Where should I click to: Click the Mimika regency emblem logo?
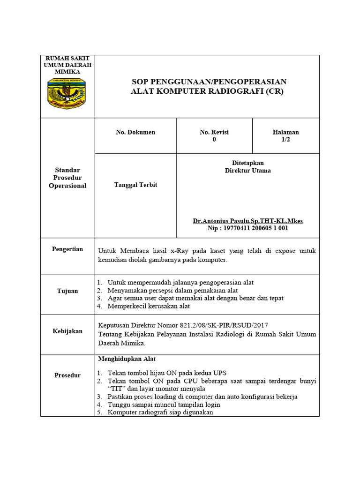[67, 94]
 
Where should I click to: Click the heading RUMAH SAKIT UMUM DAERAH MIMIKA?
[67, 65]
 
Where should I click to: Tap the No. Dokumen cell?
[135, 132]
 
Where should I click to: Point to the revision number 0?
[214, 140]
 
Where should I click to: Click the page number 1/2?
[285, 140]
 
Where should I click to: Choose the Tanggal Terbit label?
[135, 185]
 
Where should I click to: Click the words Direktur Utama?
[247, 171]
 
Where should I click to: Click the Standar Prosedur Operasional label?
[67, 178]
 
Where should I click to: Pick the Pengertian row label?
[67, 249]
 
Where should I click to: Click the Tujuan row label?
[67, 291]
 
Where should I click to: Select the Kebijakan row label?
[67, 331]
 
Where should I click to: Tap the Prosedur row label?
[67, 375]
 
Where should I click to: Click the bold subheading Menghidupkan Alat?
[127, 359]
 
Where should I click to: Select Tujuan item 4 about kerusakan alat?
[149, 306]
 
